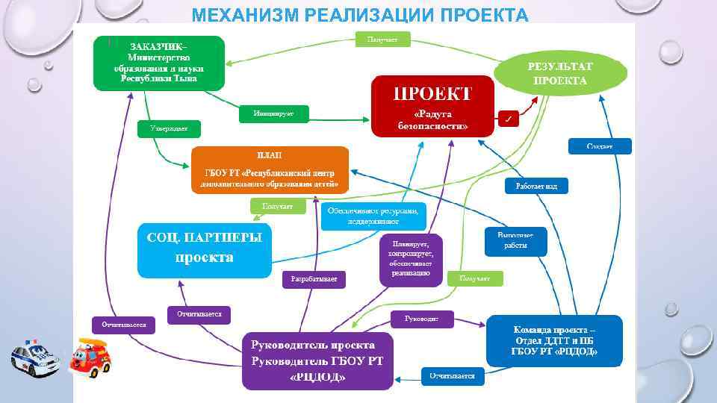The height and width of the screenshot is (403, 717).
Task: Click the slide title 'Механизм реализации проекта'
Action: click(359, 14)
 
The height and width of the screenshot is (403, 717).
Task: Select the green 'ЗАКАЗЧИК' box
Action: click(159, 63)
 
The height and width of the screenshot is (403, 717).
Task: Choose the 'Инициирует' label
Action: click(273, 113)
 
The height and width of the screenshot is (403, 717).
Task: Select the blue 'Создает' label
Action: click(600, 146)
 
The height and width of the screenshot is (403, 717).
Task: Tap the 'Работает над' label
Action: click(536, 186)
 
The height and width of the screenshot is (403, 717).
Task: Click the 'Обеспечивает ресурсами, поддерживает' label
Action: click(373, 216)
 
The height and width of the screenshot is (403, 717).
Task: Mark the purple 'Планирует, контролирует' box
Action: click(411, 259)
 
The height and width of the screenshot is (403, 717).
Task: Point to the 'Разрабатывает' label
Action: click(314, 279)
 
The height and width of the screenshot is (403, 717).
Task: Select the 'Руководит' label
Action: click(421, 319)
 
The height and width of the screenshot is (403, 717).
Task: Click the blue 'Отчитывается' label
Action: click(452, 376)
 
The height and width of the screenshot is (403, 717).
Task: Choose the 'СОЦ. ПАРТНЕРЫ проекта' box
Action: click(205, 249)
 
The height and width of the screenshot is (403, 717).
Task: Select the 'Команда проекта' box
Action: click(554, 340)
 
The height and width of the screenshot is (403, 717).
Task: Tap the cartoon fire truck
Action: click(90, 355)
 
